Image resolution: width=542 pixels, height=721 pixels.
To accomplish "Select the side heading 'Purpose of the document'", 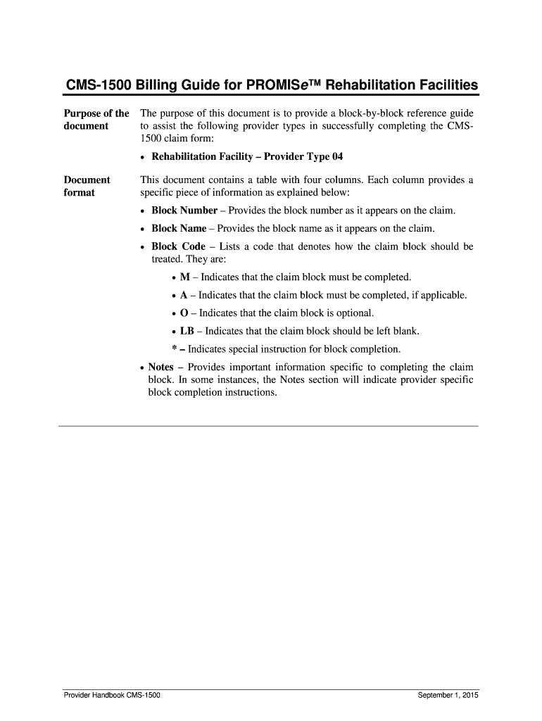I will pos(96,120).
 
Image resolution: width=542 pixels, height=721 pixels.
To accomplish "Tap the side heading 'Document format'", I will pos(87,186).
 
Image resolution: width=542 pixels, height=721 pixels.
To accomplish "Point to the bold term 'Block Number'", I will pos(184,211).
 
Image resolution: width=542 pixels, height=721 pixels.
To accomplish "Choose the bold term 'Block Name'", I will pos(179,228).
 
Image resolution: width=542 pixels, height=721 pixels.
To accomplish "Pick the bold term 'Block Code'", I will pos(178,246).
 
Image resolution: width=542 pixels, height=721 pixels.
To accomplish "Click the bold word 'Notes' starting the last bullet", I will pos(160,368).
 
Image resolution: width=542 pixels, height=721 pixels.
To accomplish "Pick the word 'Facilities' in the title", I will pos(441,86).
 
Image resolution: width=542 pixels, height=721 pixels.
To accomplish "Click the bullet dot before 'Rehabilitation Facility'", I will pos(144,157).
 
